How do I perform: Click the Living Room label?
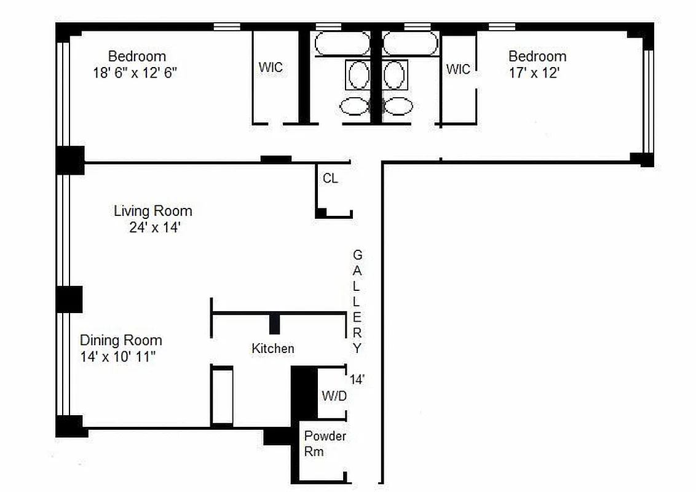[x=152, y=211]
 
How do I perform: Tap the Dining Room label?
[x=121, y=340]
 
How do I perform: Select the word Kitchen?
[x=272, y=349]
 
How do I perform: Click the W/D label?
[x=334, y=396]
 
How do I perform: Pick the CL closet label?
[x=330, y=179]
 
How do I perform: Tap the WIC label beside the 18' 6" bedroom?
[x=271, y=67]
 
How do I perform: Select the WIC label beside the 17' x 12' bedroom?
[x=458, y=69]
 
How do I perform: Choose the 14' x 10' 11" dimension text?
[x=121, y=356]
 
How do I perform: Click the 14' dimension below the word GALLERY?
[x=357, y=379]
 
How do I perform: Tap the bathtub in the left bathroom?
[x=342, y=44]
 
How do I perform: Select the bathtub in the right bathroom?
[x=410, y=44]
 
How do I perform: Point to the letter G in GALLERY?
[x=357, y=254]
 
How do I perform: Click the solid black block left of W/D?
[x=304, y=394]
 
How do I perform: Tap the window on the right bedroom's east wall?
[x=647, y=101]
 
